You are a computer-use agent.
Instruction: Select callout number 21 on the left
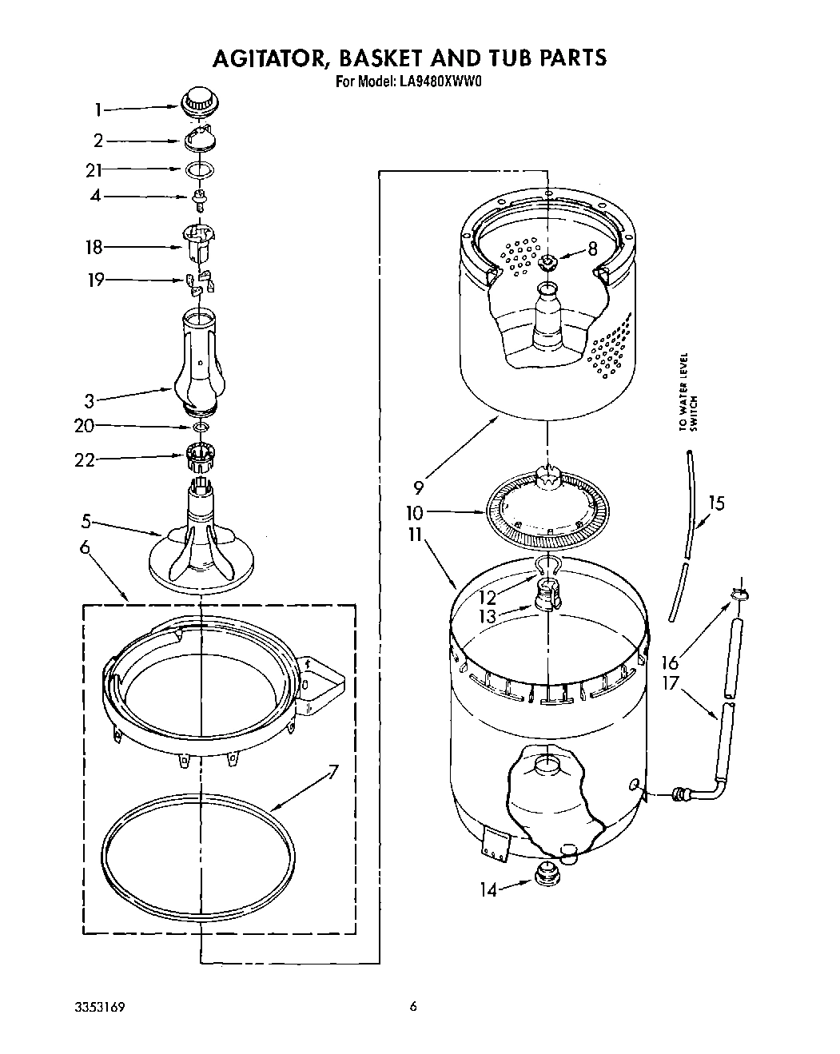tap(95, 169)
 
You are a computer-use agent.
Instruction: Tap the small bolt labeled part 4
tap(199, 198)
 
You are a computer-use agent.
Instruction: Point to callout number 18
tap(94, 247)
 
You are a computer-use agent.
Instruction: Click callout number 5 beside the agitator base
tap(86, 523)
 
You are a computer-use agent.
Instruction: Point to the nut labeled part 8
tap(549, 261)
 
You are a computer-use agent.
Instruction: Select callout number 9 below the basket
tap(418, 485)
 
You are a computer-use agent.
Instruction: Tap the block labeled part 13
tap(547, 598)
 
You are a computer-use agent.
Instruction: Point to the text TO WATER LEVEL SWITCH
tap(688, 392)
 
